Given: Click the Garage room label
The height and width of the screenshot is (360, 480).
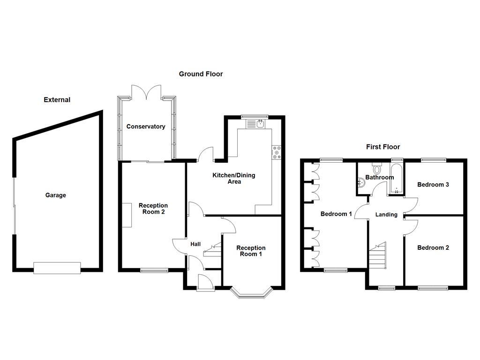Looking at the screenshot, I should click(x=55, y=195).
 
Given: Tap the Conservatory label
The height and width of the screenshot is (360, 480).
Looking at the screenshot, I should click(x=146, y=127).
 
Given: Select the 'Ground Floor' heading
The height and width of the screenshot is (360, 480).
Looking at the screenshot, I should click(x=201, y=74).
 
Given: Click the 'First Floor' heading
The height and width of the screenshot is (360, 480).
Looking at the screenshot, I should click(x=383, y=147).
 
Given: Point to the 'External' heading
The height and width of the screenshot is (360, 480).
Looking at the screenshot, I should click(x=57, y=100).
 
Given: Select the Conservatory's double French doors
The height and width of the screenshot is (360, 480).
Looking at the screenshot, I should click(x=147, y=92).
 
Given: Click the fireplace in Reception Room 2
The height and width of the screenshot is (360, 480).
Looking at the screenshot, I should click(x=127, y=215).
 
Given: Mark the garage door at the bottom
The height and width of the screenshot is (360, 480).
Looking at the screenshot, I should click(x=57, y=268).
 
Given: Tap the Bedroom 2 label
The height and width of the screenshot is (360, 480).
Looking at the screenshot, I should click(x=433, y=247).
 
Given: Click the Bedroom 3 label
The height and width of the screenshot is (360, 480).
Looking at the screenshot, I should click(x=433, y=185).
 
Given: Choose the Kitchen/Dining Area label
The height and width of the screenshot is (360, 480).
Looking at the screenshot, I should click(x=234, y=178).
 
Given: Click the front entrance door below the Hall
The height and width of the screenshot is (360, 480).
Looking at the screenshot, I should click(x=205, y=283).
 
